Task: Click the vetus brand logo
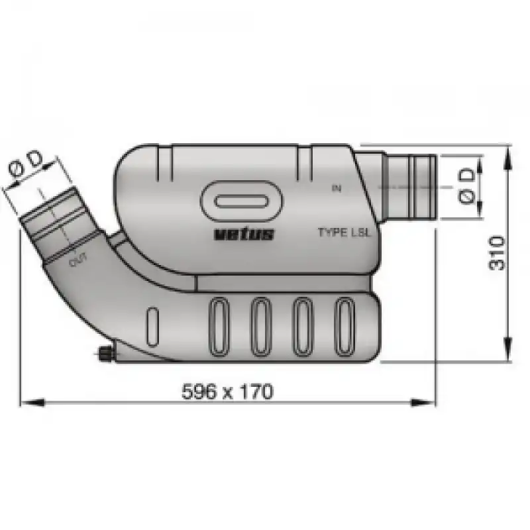click(x=244, y=234)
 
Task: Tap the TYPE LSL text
click(x=344, y=233)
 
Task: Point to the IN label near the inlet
click(x=337, y=188)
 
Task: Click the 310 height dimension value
click(x=496, y=253)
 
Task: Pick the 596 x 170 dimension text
click(x=227, y=392)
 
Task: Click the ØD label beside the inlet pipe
click(x=468, y=186)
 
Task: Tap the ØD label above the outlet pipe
click(x=26, y=168)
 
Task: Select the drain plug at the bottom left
click(x=105, y=354)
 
